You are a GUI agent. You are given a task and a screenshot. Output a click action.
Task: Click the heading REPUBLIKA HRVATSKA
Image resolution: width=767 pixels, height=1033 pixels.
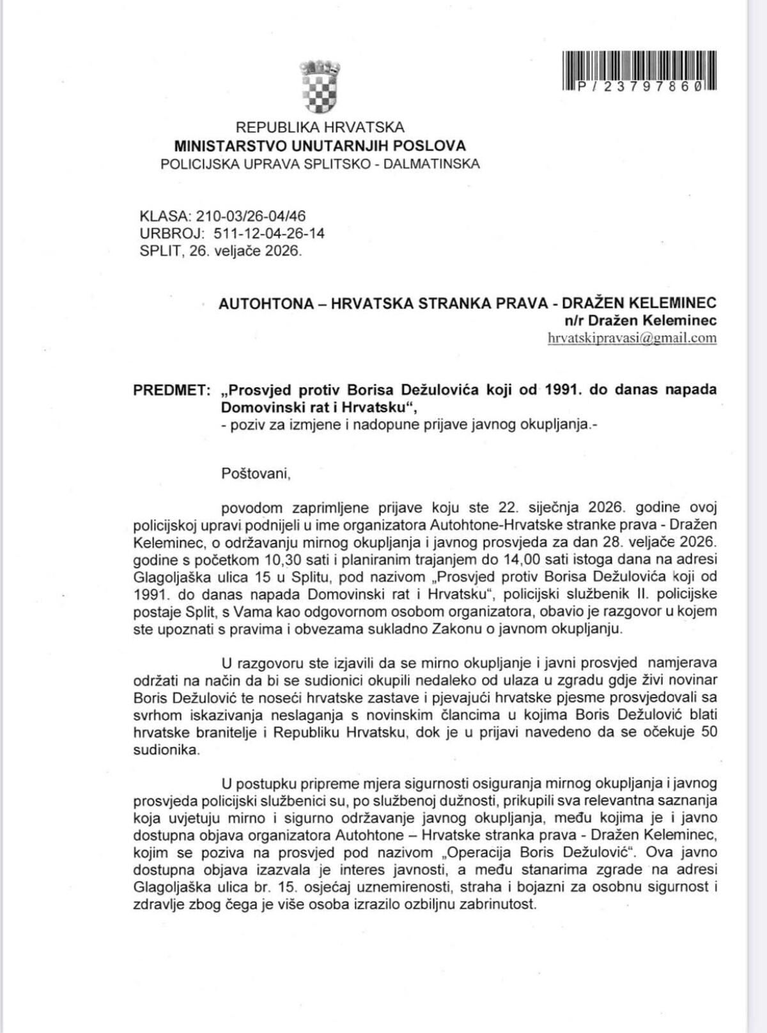coord(320,128)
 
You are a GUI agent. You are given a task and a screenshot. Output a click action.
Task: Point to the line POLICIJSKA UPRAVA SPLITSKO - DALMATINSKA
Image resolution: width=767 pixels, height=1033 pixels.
coord(320,164)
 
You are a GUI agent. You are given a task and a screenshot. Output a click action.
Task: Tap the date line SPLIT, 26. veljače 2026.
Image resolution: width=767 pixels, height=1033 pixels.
coord(221,250)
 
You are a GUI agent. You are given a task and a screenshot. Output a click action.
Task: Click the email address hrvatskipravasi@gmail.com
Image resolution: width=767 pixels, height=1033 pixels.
coord(632,338)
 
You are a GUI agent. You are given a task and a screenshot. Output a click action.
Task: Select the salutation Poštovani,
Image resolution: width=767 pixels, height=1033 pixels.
coord(256,473)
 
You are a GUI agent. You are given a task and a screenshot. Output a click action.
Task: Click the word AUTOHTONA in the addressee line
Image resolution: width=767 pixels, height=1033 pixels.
coord(266,303)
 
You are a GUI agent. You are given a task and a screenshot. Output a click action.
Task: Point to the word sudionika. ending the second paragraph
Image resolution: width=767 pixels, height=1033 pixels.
coord(166,750)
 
